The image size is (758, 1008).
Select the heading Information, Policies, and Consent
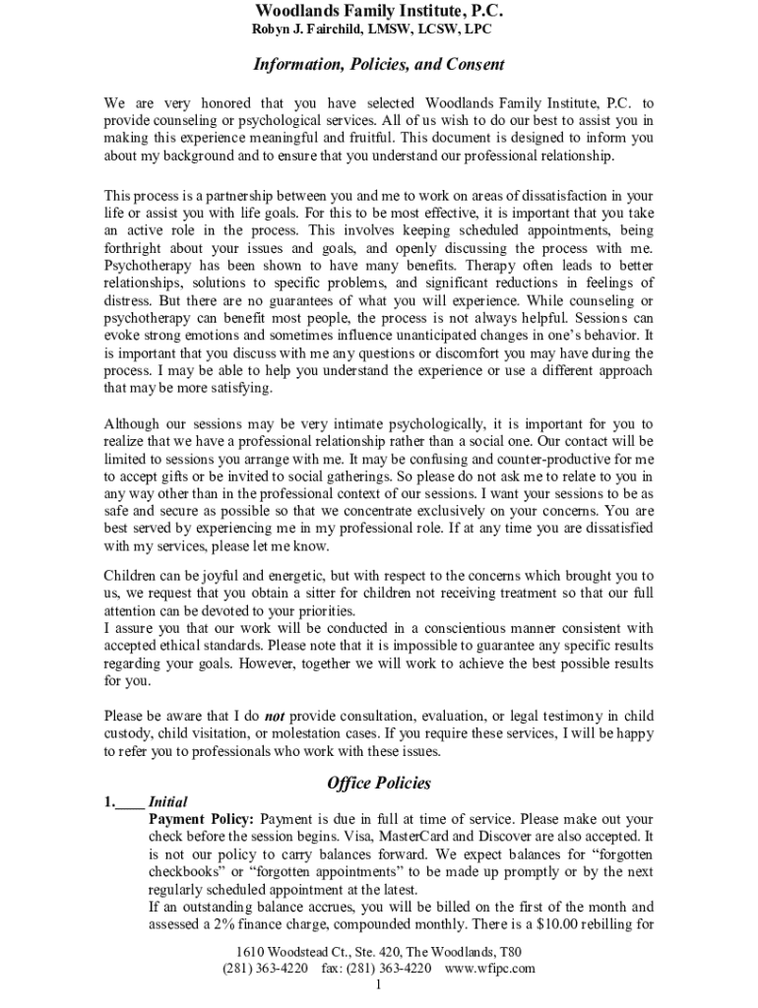379,65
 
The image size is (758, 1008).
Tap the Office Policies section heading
379,784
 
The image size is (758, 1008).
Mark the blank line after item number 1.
130,802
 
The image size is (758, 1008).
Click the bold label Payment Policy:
202,819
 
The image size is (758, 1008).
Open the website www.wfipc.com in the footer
489,969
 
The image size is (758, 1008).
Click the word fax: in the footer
335,969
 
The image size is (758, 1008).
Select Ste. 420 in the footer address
378,953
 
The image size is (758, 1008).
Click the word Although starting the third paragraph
135,423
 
